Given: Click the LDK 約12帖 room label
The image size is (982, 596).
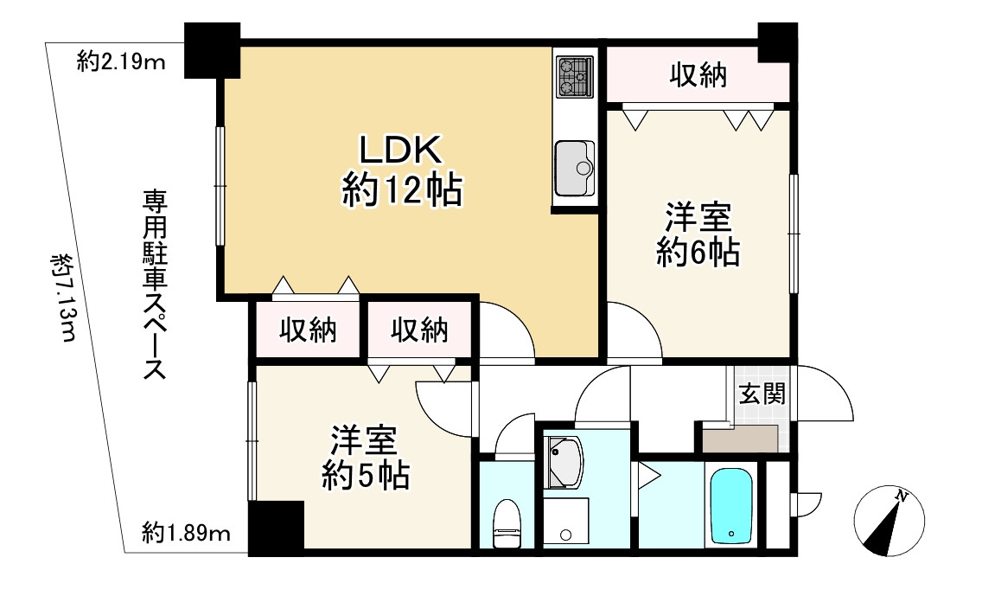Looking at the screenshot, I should (400, 171).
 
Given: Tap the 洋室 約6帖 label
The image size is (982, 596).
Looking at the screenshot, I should (697, 234).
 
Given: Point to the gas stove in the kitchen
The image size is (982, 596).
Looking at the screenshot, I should (574, 75).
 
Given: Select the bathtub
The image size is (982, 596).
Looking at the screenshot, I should (733, 506).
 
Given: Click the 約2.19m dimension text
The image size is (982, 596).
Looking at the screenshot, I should (120, 62).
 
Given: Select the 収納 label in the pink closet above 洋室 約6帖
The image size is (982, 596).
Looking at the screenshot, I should (697, 77).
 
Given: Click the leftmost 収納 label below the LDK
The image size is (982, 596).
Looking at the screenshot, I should (307, 330).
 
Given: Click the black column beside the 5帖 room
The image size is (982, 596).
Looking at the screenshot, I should (276, 528).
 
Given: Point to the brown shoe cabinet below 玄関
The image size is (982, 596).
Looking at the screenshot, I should (743, 439).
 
